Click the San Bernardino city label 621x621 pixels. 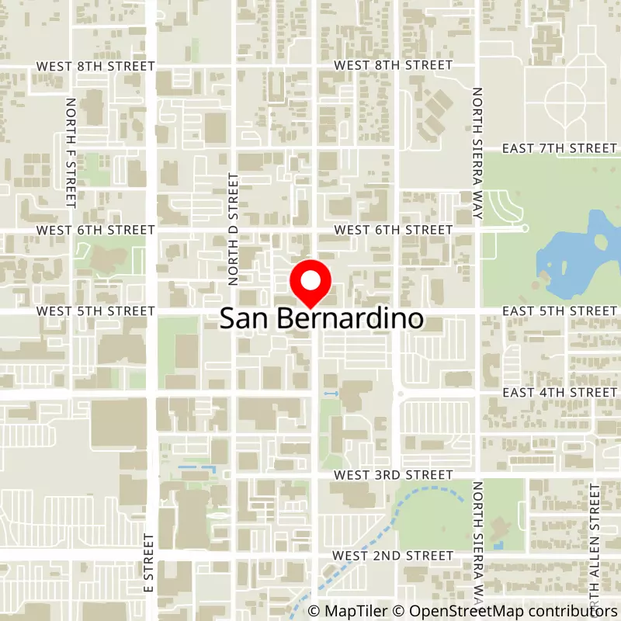[322, 319]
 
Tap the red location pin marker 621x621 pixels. [310, 285]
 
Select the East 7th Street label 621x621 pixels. [559, 147]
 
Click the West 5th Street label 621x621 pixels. [95, 311]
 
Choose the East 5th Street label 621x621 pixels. [559, 311]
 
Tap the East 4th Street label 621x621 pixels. [559, 393]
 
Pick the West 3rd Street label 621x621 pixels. [393, 474]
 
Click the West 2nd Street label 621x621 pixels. [393, 556]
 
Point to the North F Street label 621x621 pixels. [71, 153]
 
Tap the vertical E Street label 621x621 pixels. [148, 563]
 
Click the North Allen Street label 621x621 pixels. [595, 543]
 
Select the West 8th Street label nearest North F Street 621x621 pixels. [95, 66]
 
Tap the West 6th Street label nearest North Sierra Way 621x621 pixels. [393, 230]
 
